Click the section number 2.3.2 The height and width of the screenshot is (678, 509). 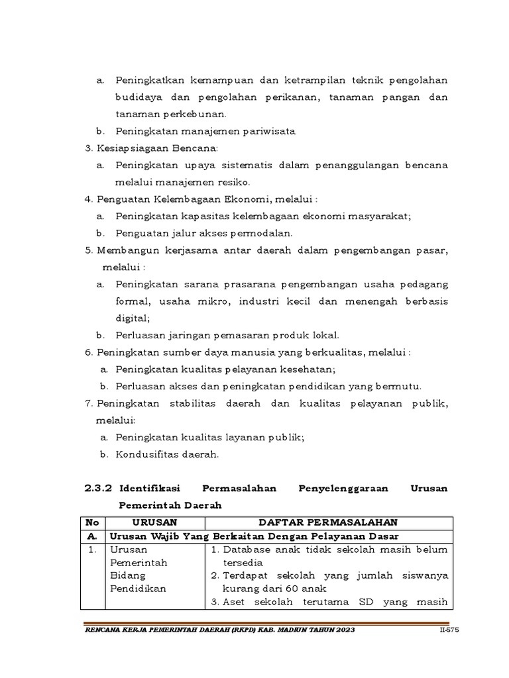tap(99, 489)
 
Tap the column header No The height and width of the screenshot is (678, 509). tap(92, 522)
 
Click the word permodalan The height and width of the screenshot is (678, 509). tap(262, 233)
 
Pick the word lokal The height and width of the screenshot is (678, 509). tap(323, 335)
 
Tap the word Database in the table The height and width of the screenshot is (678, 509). tap(248, 550)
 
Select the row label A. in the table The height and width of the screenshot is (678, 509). tap(92, 536)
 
